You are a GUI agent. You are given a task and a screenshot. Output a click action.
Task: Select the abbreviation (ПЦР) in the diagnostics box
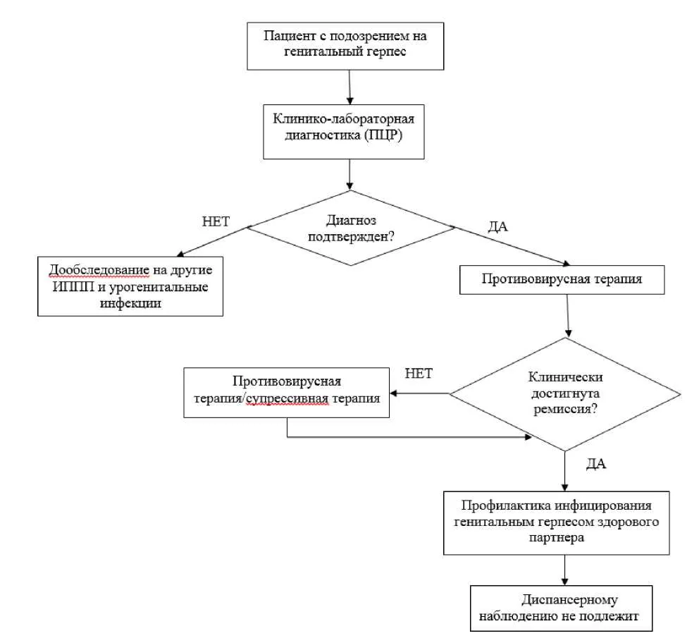tap(383, 135)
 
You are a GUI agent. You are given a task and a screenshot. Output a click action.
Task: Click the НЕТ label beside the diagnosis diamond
tap(216, 221)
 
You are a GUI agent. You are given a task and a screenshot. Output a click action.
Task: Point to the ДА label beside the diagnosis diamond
tap(498, 226)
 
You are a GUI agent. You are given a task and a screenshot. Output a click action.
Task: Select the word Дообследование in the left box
tap(99, 270)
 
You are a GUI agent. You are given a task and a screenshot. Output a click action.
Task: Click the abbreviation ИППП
tap(73, 287)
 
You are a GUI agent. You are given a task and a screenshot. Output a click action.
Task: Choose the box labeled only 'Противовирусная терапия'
tap(562, 280)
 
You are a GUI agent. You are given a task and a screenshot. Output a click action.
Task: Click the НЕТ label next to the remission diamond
tap(419, 374)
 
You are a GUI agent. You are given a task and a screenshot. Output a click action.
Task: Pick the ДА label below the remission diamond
tap(596, 464)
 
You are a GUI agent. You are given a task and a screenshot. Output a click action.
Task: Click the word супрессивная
tap(287, 399)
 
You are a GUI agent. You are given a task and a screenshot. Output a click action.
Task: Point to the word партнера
tap(557, 538)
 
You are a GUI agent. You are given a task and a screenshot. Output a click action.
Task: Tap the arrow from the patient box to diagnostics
tap(349, 87)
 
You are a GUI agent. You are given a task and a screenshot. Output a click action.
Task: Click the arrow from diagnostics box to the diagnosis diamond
tap(349, 174)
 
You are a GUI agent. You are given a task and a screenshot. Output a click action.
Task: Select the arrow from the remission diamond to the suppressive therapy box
tap(419, 393)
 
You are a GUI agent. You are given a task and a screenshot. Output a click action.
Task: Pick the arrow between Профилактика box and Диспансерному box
tap(565, 570)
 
